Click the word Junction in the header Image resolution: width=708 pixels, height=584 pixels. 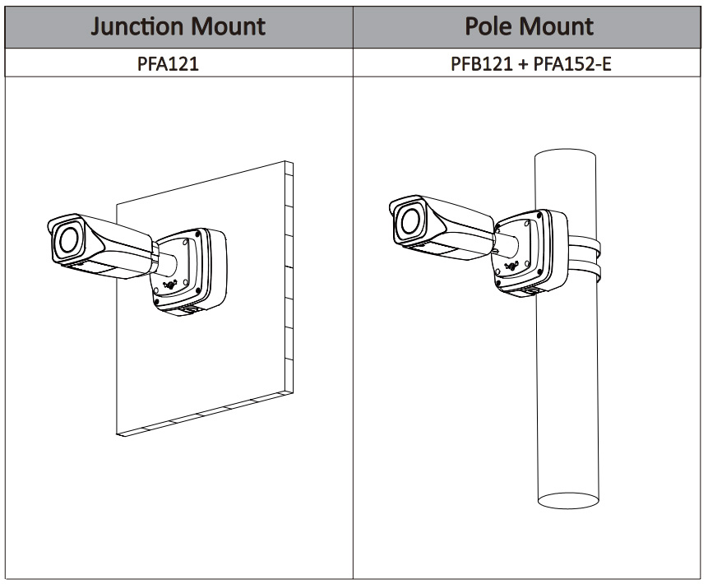coord(136,25)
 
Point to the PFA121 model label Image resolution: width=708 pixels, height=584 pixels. coord(168,63)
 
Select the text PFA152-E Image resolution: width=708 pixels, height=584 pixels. coord(572,63)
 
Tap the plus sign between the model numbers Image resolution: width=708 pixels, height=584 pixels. coord(524,63)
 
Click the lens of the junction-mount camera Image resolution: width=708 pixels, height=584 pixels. coord(67,239)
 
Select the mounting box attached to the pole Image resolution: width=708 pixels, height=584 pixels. coord(529,253)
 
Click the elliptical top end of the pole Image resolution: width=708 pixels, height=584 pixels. coord(568,157)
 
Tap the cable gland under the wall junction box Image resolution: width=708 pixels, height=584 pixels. coord(187,310)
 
